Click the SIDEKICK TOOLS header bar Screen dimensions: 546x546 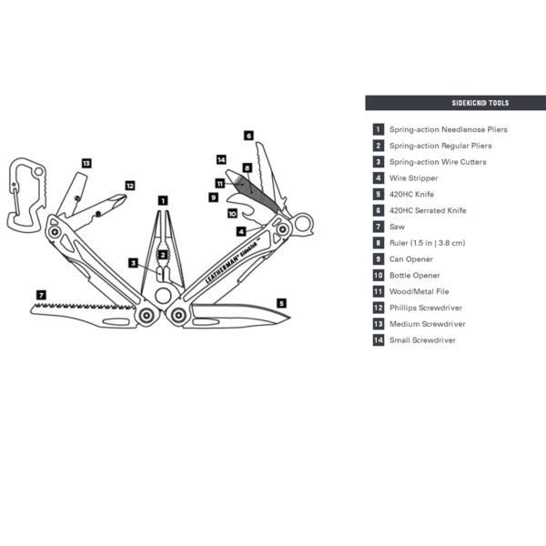pos(455,103)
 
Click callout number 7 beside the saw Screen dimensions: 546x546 pos(40,295)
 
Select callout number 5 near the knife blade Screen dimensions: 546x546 pos(281,302)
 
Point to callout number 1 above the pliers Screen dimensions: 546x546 pos(162,199)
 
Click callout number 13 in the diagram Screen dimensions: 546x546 pos(86,163)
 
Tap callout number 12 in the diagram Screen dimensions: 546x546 pos(129,186)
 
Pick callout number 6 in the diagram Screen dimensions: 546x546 pos(248,136)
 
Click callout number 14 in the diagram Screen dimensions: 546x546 pos(220,159)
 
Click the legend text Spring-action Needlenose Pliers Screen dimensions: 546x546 pos(448,129)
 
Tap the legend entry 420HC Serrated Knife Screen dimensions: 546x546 pos(427,210)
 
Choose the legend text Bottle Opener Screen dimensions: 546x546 pos(414,275)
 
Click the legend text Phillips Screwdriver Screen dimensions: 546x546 pos(427,308)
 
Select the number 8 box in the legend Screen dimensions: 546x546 pos(378,243)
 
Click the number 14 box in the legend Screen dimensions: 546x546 pos(378,340)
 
